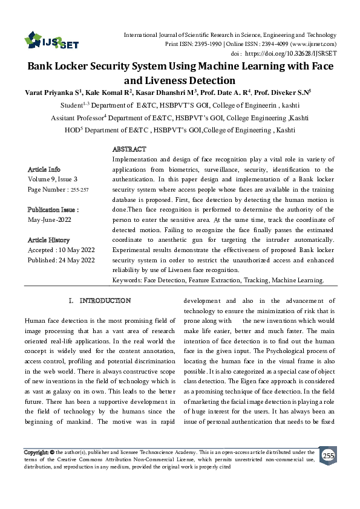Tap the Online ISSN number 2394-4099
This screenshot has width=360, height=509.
270,44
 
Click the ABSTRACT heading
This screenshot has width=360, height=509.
129,149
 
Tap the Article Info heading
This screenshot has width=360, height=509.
44,169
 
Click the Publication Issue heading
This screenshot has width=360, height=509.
53,209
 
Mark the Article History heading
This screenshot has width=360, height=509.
48,240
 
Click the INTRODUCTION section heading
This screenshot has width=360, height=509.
105,300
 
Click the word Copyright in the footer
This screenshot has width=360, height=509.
36,452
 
